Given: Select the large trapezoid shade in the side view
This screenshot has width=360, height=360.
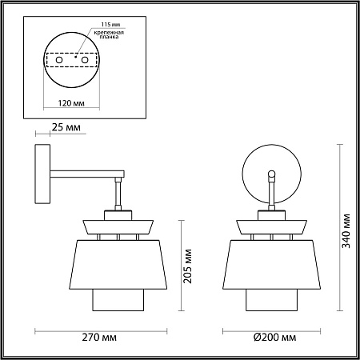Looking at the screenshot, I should click(118, 263).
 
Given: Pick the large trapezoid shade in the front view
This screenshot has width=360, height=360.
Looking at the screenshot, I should click(273, 263).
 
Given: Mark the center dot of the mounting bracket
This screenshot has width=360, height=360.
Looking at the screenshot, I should click(74, 56).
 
